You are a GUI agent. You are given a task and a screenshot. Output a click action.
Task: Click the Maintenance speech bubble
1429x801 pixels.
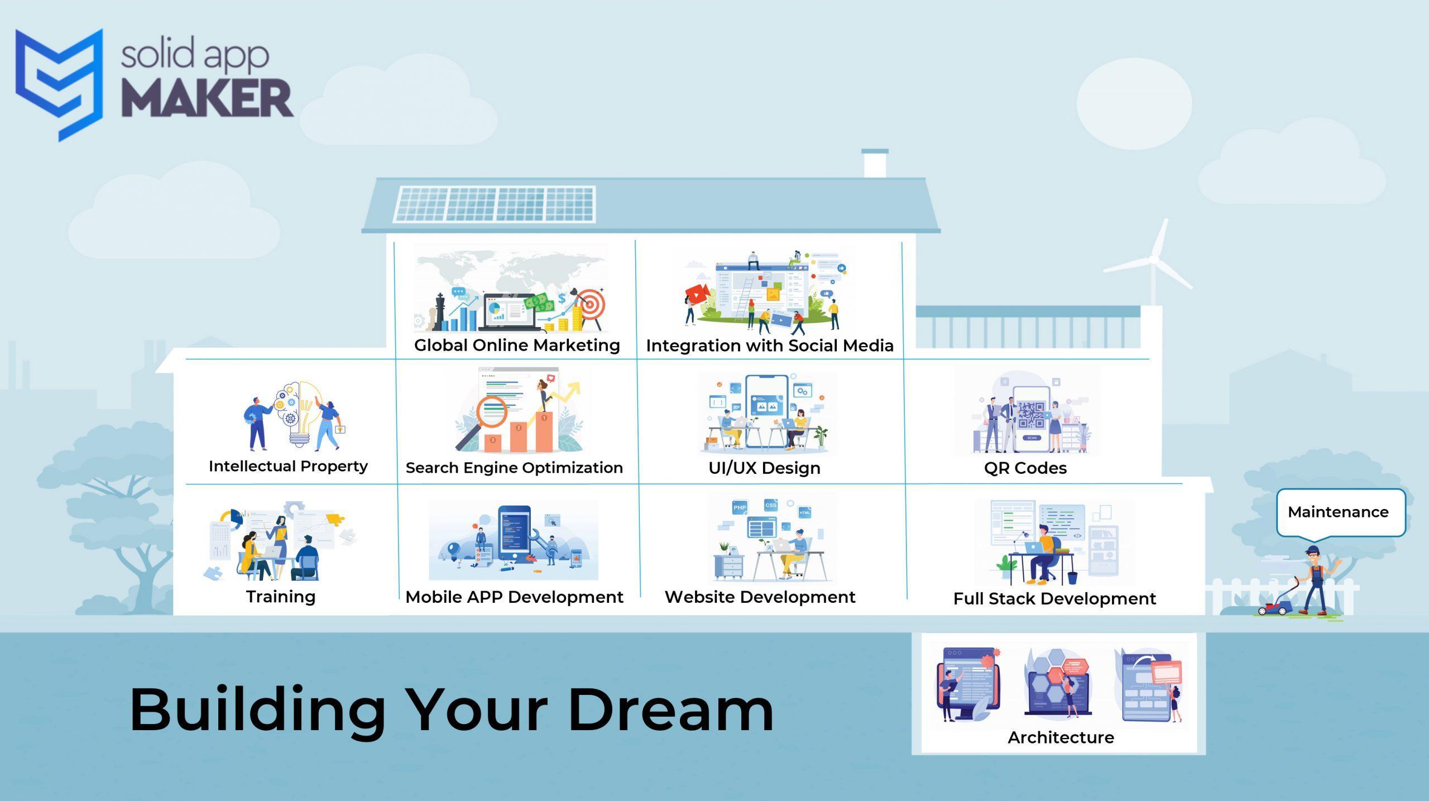1340,513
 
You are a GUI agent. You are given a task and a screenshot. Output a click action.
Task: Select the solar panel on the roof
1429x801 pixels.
495,204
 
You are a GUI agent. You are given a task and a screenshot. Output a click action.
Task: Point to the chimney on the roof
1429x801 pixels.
875,163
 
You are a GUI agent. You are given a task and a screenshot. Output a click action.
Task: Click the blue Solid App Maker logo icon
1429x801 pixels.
59,84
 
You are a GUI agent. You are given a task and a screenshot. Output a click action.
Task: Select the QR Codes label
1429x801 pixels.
1025,468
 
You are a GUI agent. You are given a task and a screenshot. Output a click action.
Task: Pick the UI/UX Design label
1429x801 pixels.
764,468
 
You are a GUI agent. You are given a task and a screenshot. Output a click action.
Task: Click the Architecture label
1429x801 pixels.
1061,737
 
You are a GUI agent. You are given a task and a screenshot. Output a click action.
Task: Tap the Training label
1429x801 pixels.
281,597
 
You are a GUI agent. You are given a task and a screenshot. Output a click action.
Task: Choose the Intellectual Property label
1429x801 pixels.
288,466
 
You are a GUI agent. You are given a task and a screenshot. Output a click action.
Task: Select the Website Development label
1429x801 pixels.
760,597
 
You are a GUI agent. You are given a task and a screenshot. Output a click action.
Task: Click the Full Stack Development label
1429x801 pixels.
1054,598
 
